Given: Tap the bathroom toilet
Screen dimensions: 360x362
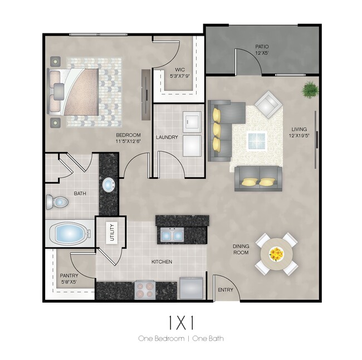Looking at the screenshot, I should click(56, 201).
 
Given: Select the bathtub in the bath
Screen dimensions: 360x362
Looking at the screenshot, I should click(71, 233).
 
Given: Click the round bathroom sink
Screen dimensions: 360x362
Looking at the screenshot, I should click(108, 184).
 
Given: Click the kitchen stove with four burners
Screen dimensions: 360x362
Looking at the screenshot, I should click(145, 289).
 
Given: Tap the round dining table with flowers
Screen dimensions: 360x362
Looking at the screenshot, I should click(276, 254).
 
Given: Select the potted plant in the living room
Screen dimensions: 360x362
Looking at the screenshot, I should click(310, 89).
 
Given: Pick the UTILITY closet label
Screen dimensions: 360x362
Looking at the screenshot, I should click(111, 232).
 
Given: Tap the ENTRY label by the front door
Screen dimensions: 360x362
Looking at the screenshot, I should click(226, 290).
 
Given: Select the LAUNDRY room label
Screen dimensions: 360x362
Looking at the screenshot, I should click(167, 137).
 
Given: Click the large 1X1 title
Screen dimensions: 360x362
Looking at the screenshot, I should click(181, 322).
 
